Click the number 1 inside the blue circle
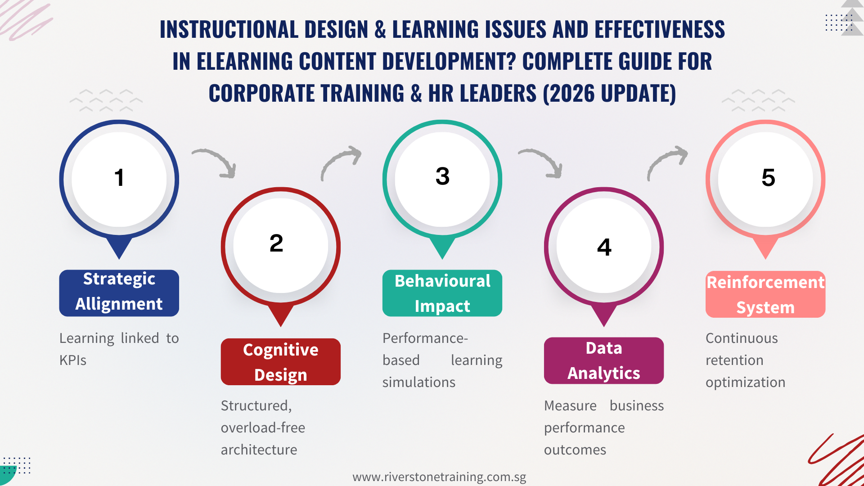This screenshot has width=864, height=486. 119,178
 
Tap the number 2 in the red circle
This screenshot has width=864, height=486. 276,243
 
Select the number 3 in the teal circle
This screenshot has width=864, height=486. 442,176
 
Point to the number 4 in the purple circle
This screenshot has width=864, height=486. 604,247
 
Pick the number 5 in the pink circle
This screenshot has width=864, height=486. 768,178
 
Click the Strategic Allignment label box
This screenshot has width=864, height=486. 119,292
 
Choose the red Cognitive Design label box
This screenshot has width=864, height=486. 280,362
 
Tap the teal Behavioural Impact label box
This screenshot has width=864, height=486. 442,293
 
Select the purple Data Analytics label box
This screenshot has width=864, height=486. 603,360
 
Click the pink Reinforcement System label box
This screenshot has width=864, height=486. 765,294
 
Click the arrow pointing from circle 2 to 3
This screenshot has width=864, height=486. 341,162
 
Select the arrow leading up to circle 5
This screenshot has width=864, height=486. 667,162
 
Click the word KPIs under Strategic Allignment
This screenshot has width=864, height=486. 73,360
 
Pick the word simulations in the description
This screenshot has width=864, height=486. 418,382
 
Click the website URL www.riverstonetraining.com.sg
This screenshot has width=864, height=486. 439,477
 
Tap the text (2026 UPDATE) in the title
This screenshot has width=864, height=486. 609,94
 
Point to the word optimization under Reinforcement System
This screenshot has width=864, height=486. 745,382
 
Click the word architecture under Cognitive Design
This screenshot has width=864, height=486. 259,450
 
